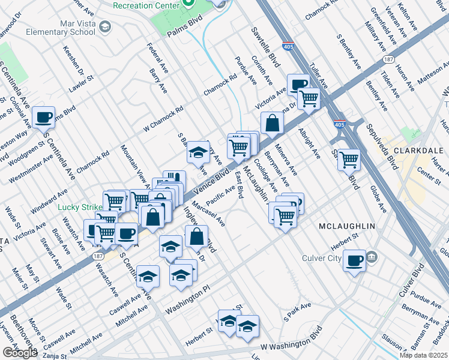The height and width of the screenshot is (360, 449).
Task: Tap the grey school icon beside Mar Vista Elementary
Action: tap(105, 26)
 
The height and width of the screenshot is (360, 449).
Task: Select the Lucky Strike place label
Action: tap(82, 208)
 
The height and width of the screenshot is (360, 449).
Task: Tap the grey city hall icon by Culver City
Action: tap(372, 257)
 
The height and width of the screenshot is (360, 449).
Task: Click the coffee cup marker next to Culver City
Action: tap(354, 261)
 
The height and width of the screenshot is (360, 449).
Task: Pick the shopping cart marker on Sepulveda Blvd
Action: tap(348, 160)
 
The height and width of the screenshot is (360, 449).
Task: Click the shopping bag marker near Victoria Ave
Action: tap(273, 123)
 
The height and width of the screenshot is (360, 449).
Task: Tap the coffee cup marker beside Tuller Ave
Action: tap(298, 84)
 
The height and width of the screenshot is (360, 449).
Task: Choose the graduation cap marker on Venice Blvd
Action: tap(197, 153)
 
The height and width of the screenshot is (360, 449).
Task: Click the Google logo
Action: tap(20, 353)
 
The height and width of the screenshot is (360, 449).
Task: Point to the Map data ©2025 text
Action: tap(423, 355)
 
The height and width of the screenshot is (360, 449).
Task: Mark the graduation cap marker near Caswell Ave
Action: tap(148, 276)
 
